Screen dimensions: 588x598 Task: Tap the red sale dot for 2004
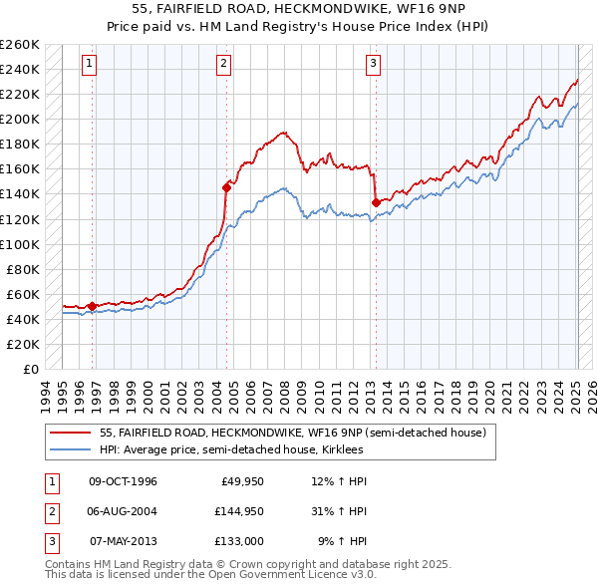pos(226,186)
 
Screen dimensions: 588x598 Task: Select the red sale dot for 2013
pos(376,202)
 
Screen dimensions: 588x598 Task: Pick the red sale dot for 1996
pos(93,306)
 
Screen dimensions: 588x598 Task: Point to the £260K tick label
pos(20,45)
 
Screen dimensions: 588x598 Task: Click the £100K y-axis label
pos(20,244)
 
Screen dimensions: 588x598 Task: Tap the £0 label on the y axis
pos(29,369)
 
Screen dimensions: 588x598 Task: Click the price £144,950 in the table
pos(239,511)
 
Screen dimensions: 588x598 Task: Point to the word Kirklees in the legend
pos(340,449)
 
